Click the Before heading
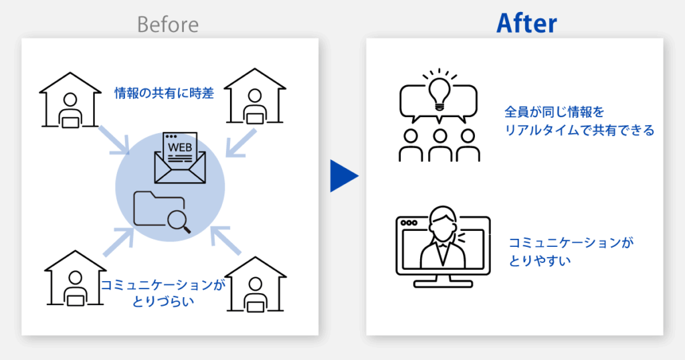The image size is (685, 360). coord(168,25)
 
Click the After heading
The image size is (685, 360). coord(526,23)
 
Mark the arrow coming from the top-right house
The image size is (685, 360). coord(239,143)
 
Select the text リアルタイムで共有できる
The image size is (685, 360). coord(579,130)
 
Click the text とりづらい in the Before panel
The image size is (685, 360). coord(163,301)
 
